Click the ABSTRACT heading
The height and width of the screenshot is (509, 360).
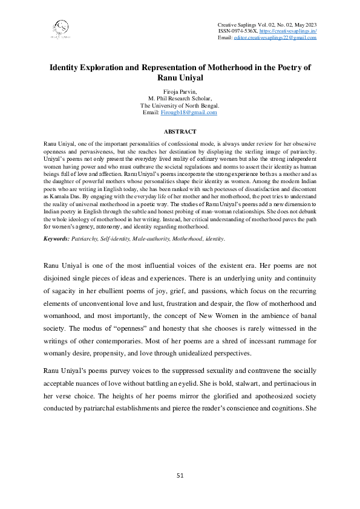pyautogui.click(x=180, y=131)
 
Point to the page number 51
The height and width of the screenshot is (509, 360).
pyautogui.click(x=180, y=475)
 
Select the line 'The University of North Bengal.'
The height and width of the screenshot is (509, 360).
pyautogui.click(x=180, y=105)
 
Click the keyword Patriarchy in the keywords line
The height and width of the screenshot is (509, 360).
pyautogui.click(x=85, y=256)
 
